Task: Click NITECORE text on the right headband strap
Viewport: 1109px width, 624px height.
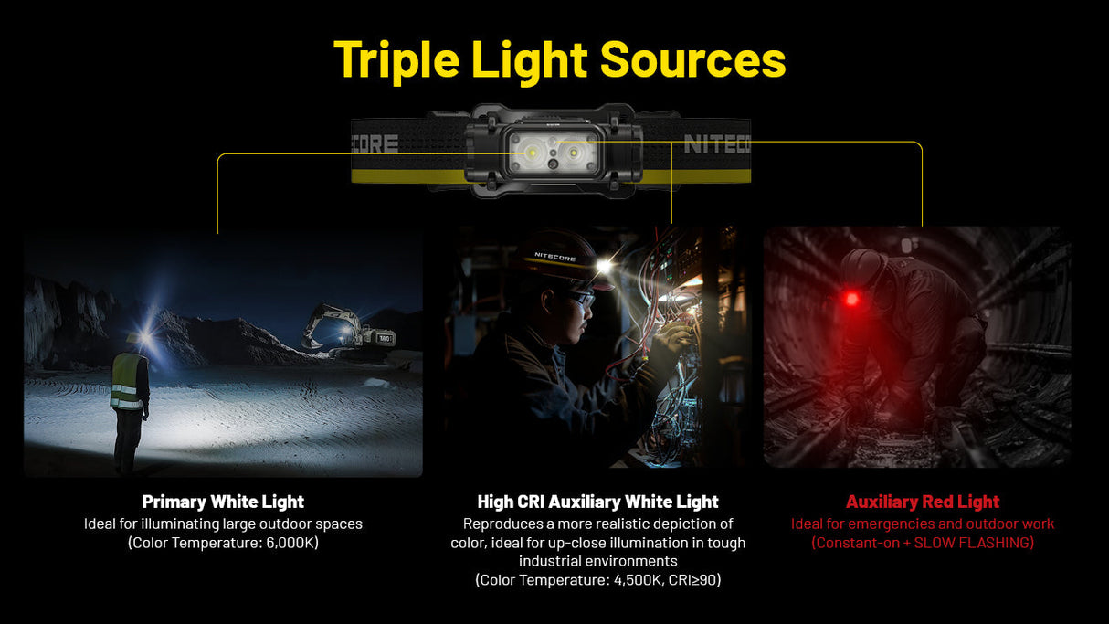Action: click(x=716, y=144)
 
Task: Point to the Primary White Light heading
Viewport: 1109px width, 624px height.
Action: click(x=223, y=502)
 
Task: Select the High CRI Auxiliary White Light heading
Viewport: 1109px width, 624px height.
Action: click(x=597, y=502)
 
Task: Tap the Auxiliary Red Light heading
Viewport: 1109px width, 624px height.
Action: click(x=923, y=502)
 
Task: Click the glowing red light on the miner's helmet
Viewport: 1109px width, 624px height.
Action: click(x=851, y=299)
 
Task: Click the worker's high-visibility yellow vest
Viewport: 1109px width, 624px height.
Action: click(x=127, y=382)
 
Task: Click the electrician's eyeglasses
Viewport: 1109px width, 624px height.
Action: click(x=581, y=298)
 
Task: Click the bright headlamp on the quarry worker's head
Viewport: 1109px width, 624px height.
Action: click(x=143, y=337)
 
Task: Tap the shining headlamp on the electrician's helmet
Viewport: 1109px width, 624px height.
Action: click(x=604, y=265)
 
